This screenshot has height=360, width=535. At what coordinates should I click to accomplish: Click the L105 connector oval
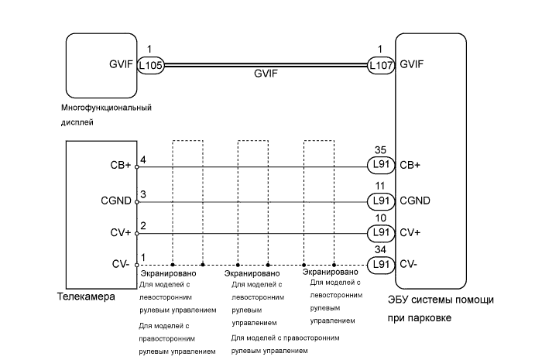(150, 66)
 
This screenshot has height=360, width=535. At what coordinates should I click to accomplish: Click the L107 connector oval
(380, 66)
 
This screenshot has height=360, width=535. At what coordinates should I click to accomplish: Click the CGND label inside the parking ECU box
(415, 201)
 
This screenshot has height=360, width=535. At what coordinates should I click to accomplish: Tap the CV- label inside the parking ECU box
(410, 263)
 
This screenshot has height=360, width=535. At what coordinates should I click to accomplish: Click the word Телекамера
(86, 297)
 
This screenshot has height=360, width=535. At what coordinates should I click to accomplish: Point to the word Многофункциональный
(105, 107)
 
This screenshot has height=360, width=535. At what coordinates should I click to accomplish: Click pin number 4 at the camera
(142, 159)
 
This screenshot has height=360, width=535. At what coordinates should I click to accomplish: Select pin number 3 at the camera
(142, 194)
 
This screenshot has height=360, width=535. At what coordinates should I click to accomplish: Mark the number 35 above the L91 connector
(379, 152)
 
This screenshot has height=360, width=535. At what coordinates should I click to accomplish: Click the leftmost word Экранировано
(168, 274)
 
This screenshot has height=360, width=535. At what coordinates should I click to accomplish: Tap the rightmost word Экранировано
(331, 272)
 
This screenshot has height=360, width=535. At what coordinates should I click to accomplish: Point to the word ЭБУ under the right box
(397, 300)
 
